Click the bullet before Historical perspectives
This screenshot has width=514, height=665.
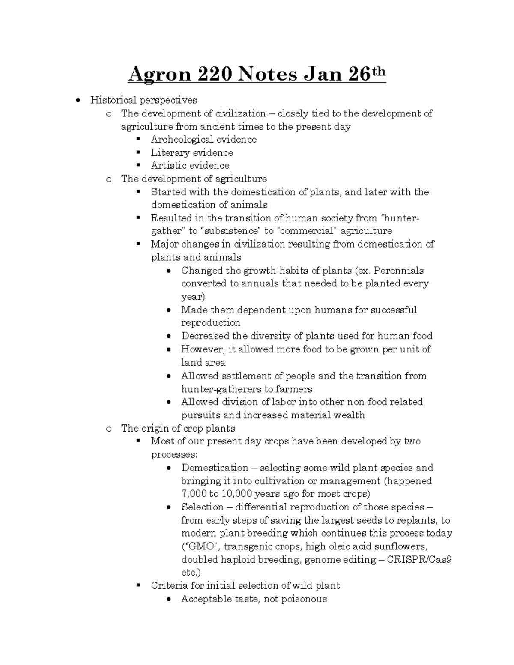[78, 101]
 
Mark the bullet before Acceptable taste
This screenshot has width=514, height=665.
[170, 599]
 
